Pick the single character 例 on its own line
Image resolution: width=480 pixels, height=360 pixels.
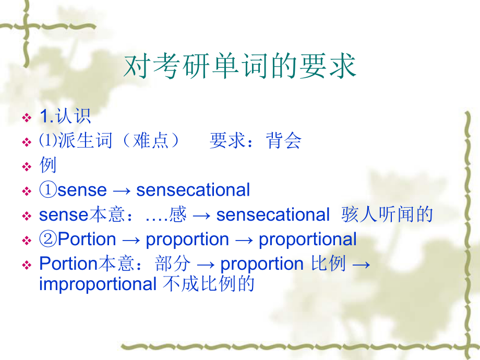(48, 165)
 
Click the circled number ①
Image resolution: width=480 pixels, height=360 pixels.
(48, 190)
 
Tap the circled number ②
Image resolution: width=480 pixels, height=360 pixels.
(48, 239)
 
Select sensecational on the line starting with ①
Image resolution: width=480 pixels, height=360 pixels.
(193, 190)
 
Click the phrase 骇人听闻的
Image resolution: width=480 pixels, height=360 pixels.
(387, 214)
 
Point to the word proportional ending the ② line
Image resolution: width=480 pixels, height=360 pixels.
(308, 239)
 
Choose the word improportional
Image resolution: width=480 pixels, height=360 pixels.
(98, 284)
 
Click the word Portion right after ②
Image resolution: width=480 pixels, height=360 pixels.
(87, 239)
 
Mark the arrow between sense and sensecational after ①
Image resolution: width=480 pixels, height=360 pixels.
(121, 190)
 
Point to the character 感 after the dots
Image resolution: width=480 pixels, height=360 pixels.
(178, 214)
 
